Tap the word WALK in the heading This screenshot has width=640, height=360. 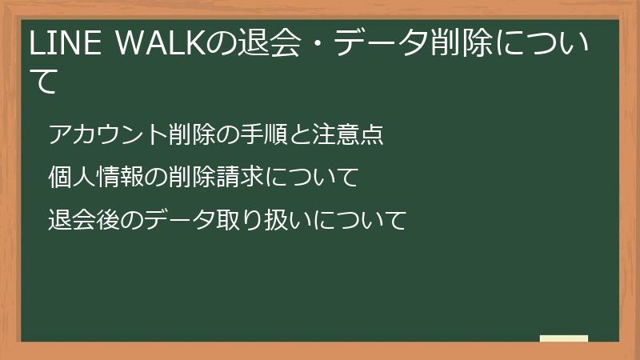157,46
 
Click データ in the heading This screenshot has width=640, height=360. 383,46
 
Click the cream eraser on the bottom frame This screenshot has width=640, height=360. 564,338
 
